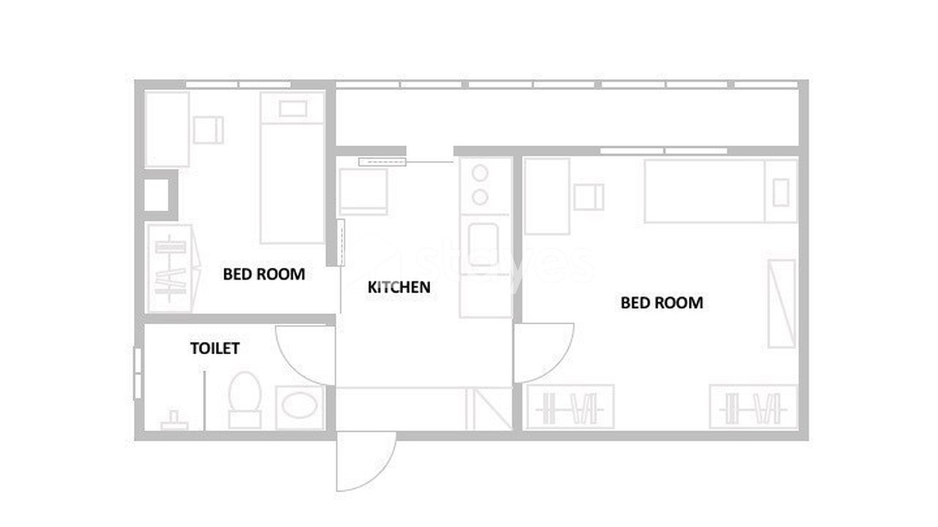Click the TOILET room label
coord(215,348)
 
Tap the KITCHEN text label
coord(399,288)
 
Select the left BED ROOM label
coord(264,274)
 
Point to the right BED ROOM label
coord(662,303)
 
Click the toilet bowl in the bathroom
coord(245,400)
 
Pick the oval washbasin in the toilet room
coord(300,405)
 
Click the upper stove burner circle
coord(480,173)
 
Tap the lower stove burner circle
coord(480,197)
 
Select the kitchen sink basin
coord(484,244)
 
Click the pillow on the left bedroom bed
coord(293,109)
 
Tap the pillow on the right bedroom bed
coord(781,193)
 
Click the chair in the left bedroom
coord(208,130)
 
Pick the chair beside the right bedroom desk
coord(588,197)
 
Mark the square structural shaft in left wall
coord(157,195)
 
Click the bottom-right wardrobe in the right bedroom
coord(753,407)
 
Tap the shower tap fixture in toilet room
coord(174,421)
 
